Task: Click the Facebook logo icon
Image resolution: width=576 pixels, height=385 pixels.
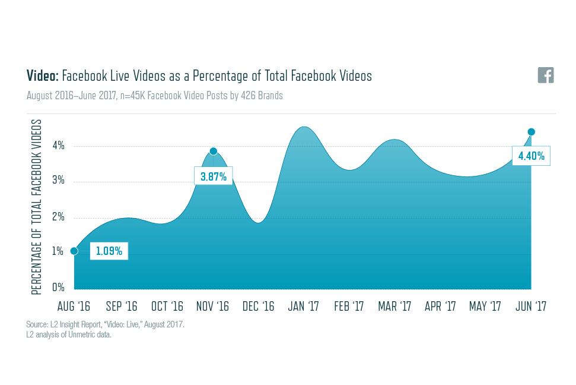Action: tap(545, 75)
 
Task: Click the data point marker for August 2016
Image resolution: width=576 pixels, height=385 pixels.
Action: tap(74, 251)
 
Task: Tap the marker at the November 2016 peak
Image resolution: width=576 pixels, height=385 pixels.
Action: tap(214, 152)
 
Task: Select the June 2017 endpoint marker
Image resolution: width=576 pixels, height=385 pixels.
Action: tap(532, 132)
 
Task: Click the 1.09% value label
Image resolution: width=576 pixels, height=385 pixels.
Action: tap(109, 251)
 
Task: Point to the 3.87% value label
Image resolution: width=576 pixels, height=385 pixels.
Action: tap(214, 176)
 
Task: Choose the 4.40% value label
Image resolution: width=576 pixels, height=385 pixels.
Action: tap(531, 156)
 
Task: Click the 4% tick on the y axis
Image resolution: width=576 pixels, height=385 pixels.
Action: tap(58, 146)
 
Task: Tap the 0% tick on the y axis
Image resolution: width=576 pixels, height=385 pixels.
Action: tap(58, 288)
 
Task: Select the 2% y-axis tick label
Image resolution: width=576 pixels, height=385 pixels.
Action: tap(58, 217)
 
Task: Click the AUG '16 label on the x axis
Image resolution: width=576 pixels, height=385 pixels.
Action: tap(74, 307)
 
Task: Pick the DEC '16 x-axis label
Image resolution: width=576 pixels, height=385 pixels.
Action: tap(259, 307)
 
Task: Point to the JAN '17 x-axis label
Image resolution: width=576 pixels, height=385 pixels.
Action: tap(304, 307)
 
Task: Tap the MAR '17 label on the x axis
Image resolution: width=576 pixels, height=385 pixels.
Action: tap(394, 307)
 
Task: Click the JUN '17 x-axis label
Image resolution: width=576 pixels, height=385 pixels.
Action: tap(531, 307)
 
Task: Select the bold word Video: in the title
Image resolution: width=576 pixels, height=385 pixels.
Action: tap(43, 76)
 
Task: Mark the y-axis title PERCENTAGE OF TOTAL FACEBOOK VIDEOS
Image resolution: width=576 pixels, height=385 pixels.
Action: tap(37, 207)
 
